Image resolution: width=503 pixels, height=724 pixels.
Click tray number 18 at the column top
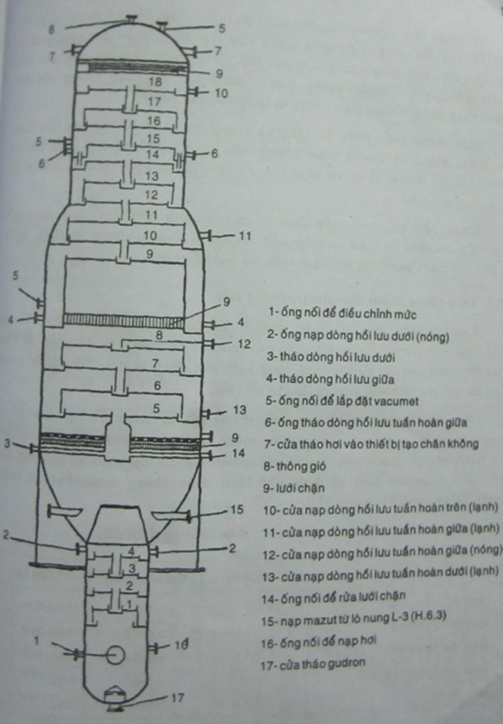[153, 82]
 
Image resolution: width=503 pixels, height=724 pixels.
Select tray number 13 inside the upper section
[152, 176]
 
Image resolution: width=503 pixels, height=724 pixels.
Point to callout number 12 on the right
[244, 344]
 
